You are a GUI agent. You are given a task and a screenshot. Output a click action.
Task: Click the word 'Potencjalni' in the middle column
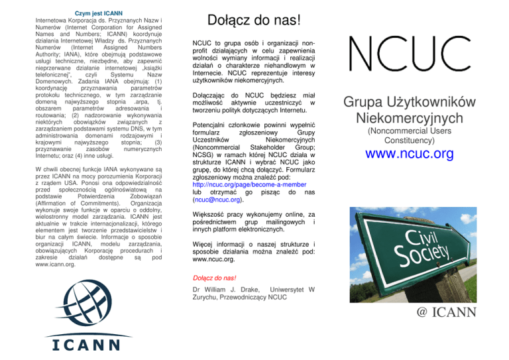pos(215,125)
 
